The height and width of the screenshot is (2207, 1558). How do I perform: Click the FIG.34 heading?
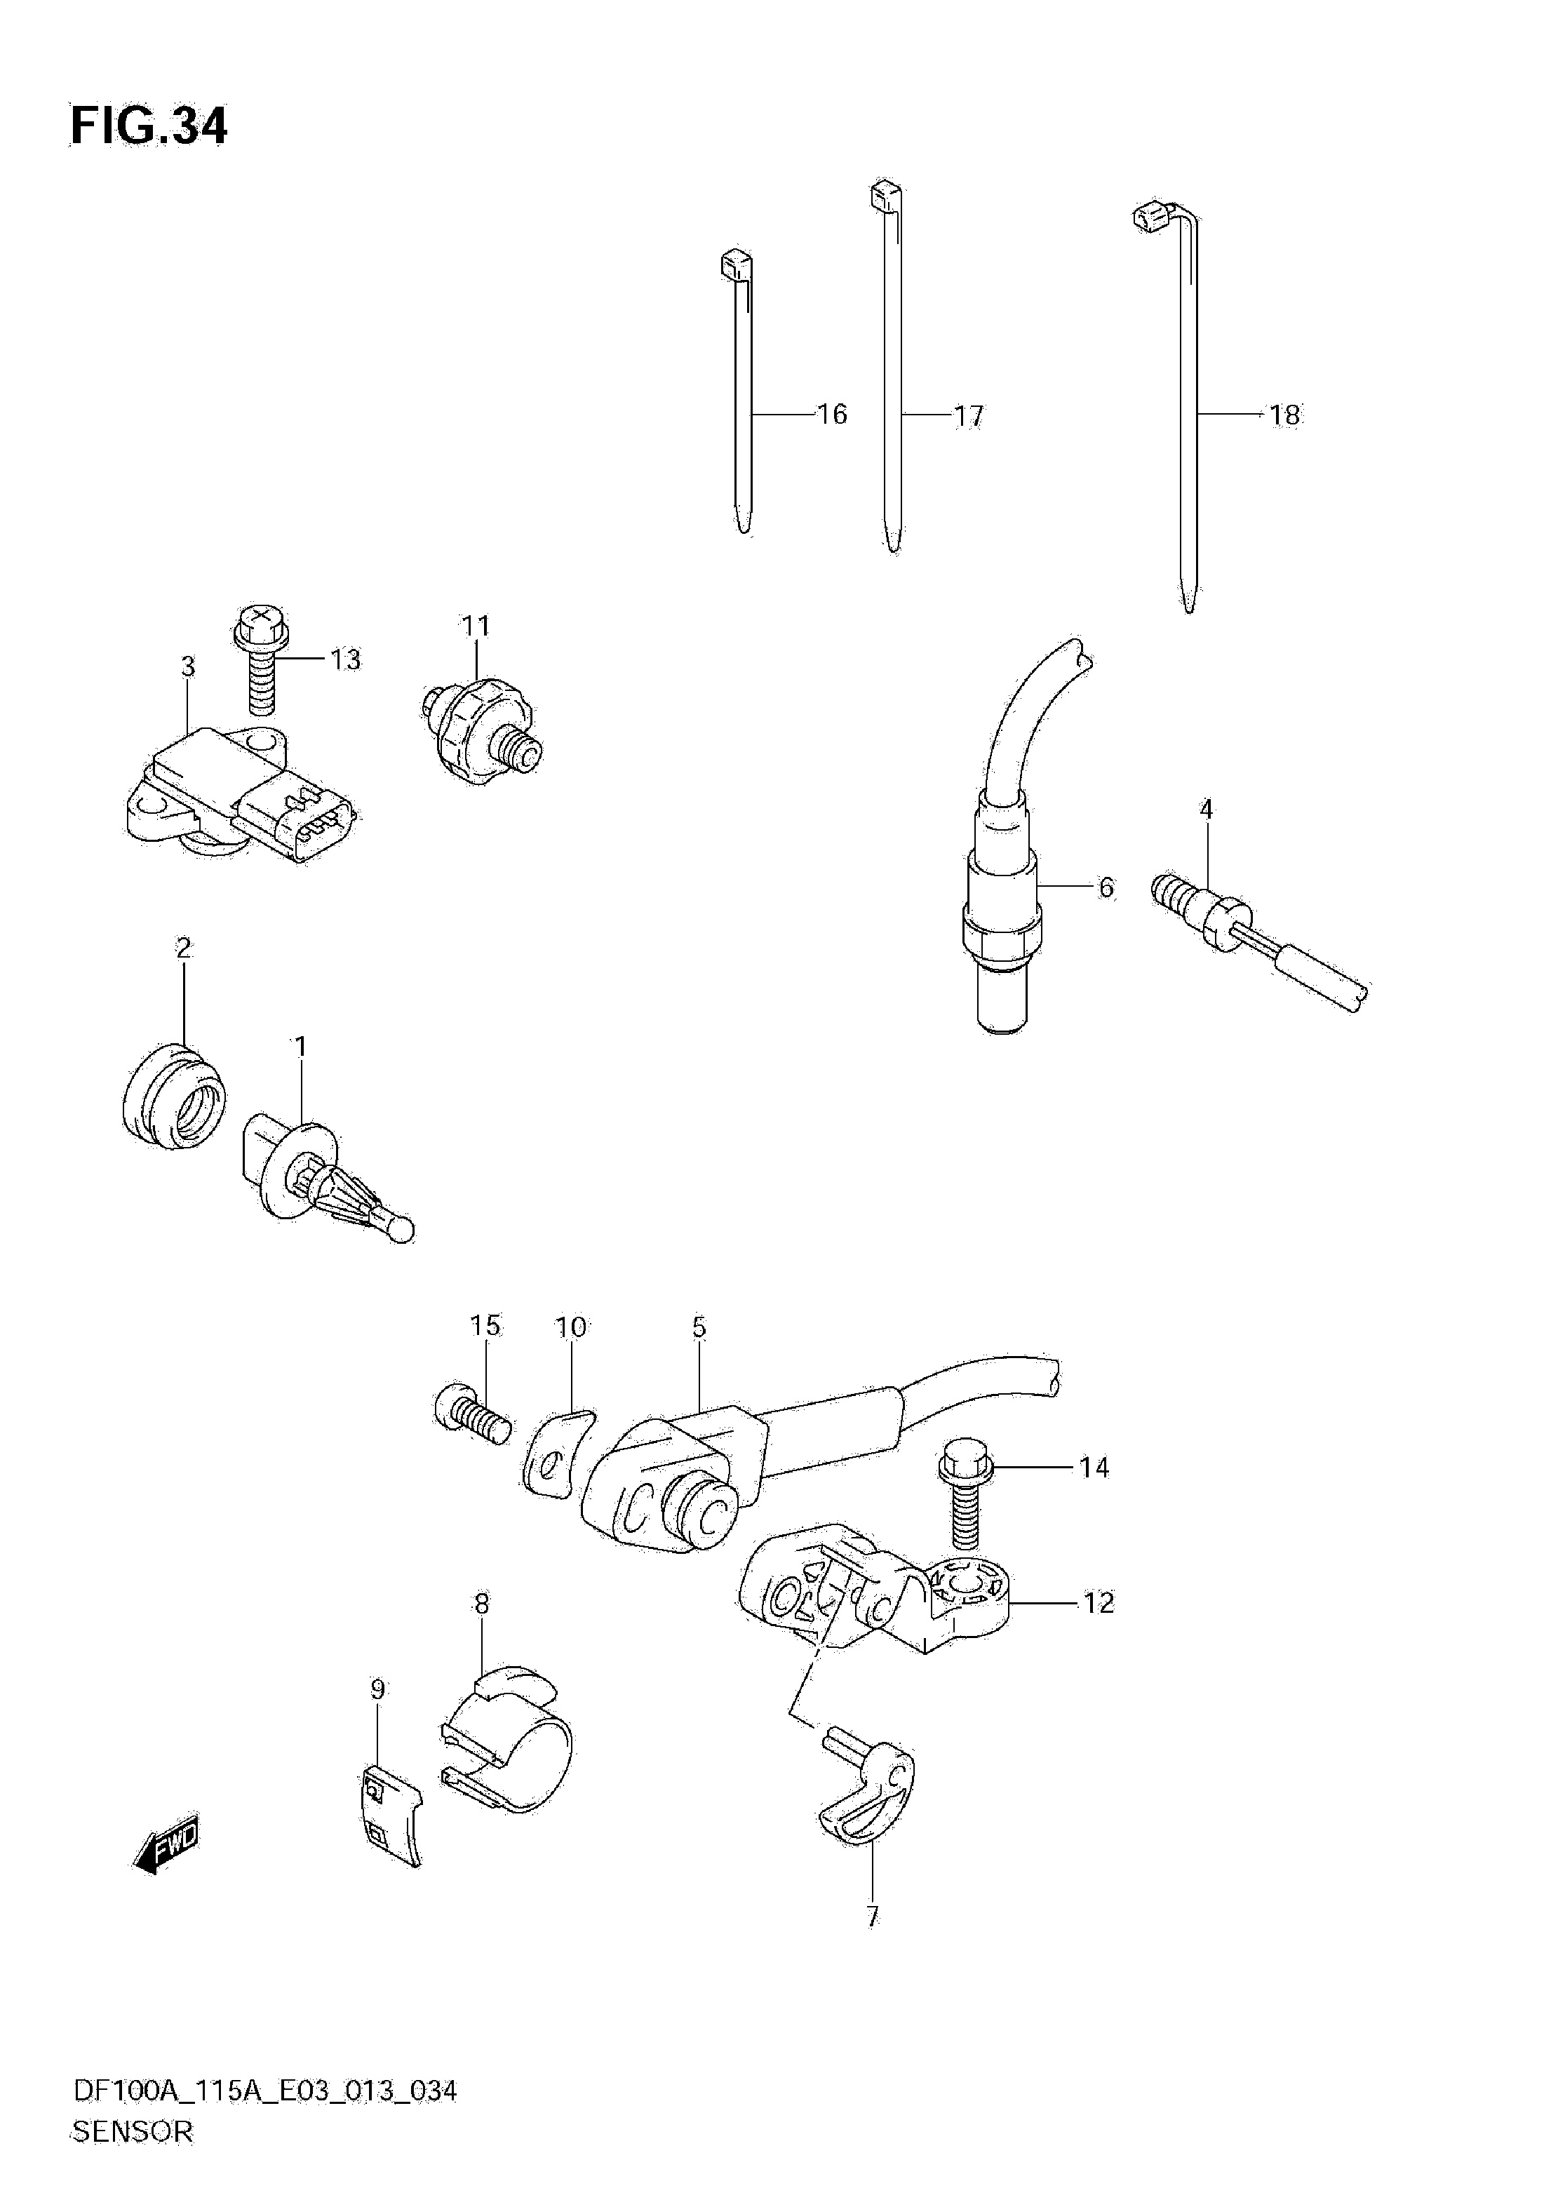coord(149,127)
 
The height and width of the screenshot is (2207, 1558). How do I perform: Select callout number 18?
coord(1284,415)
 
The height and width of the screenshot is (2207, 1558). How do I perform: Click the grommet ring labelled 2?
coord(174,1096)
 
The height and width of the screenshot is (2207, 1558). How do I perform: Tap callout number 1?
coord(300,1046)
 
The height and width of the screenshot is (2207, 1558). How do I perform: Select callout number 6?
coord(1106,887)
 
